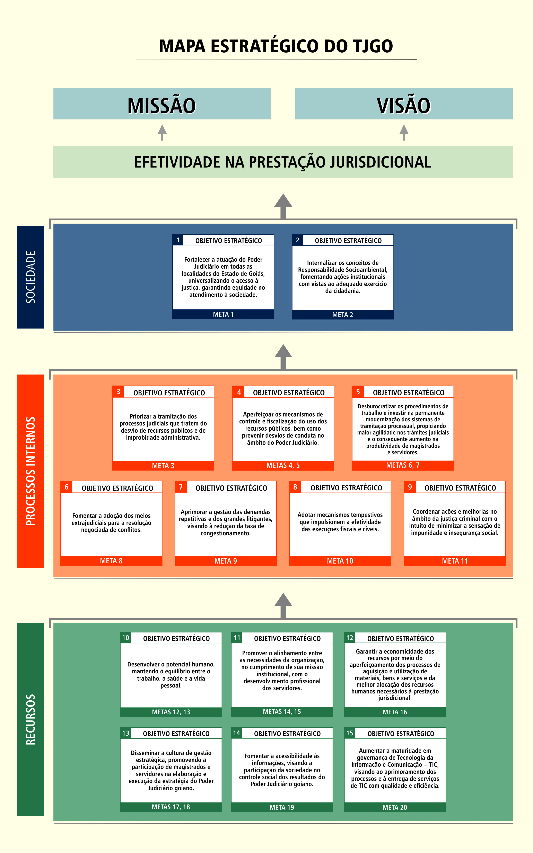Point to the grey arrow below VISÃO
coord(404,132)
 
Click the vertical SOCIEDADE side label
coord(30,277)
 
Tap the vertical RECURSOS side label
coord(30,719)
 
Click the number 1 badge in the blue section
coord(178,240)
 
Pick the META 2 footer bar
coord(343,314)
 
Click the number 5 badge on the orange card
coord(358,392)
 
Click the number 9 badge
coord(410,487)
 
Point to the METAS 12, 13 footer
coord(171,712)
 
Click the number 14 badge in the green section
coord(237,733)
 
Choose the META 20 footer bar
coord(395,807)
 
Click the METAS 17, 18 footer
coord(171,807)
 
